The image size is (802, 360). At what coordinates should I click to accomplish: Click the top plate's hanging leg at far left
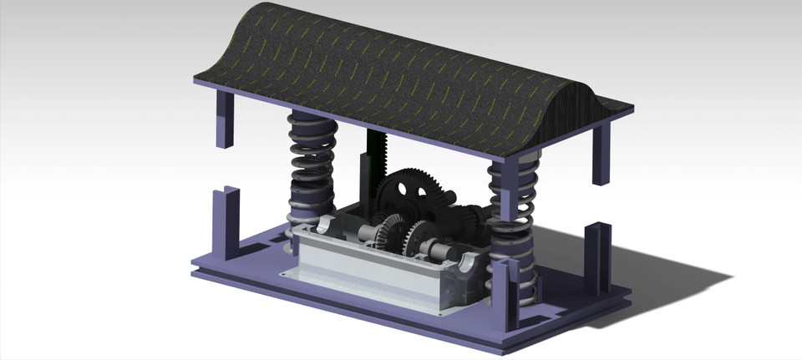225,117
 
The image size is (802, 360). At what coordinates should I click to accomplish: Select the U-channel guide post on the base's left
224,221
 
